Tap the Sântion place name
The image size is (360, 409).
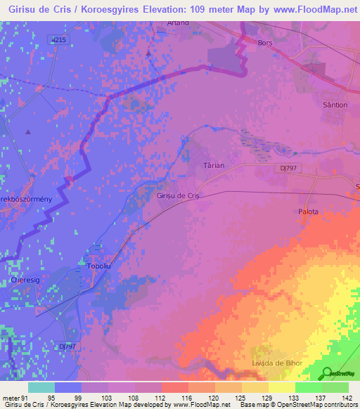[334, 105]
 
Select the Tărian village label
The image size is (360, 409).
[214, 166]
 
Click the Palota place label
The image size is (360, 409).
[307, 212]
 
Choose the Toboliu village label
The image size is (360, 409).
[99, 267]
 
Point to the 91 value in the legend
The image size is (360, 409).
[27, 398]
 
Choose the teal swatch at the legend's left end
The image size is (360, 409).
[41, 387]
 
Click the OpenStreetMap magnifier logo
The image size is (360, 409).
[326, 372]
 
